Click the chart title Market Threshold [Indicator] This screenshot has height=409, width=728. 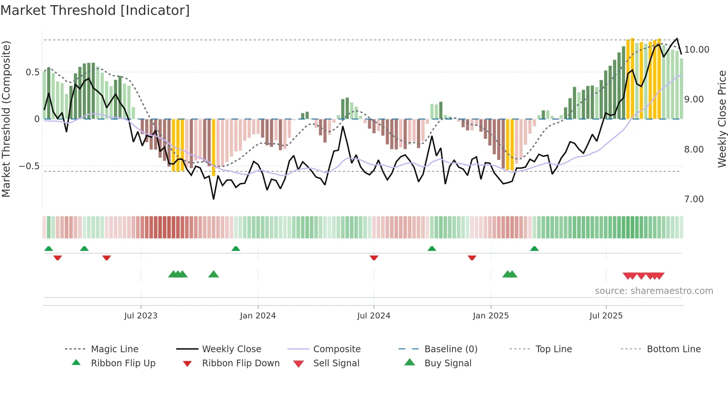(x=95, y=10)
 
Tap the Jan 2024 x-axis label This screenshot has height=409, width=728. (x=258, y=316)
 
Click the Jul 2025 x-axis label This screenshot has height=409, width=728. (x=606, y=316)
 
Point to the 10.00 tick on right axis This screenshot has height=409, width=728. (x=696, y=50)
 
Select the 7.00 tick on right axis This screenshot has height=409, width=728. (x=694, y=199)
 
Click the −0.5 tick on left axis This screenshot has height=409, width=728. (x=29, y=166)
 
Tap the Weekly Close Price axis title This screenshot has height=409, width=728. (x=722, y=119)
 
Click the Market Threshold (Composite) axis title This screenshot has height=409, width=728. (x=6, y=119)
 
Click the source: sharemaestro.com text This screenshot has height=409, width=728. (x=654, y=291)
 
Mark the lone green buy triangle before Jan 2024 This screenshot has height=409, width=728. (x=214, y=275)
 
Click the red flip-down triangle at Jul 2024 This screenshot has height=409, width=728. (x=374, y=258)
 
